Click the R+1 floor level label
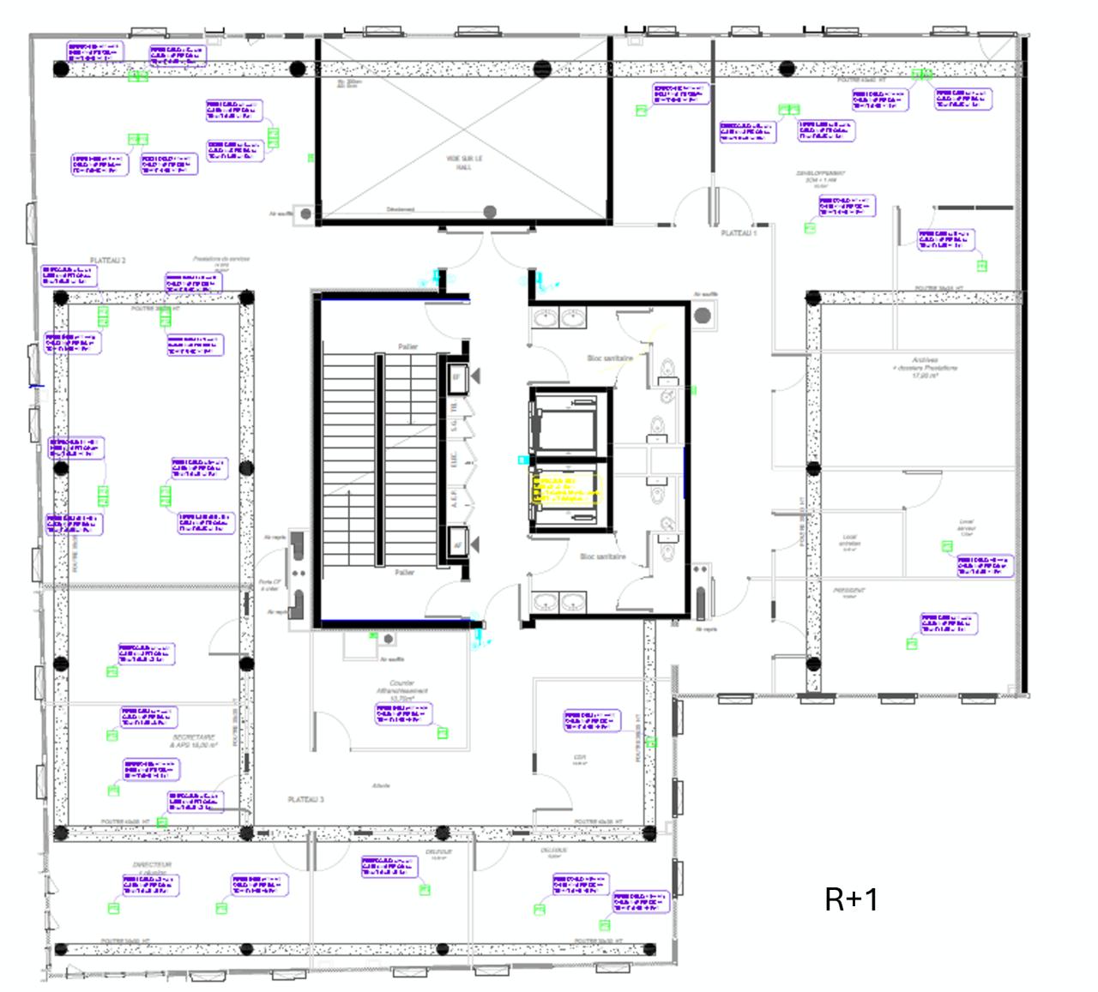point(851,899)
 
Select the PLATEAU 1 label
point(738,233)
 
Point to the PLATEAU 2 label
point(108,260)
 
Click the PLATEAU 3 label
point(305,799)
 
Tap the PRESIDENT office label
point(849,591)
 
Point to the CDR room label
point(580,758)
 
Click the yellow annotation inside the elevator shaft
point(566,490)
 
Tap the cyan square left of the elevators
point(522,460)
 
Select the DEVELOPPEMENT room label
point(820,177)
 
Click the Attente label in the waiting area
point(382,785)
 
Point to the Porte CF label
point(268,584)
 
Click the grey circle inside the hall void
point(490,212)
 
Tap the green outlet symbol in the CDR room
point(651,742)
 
